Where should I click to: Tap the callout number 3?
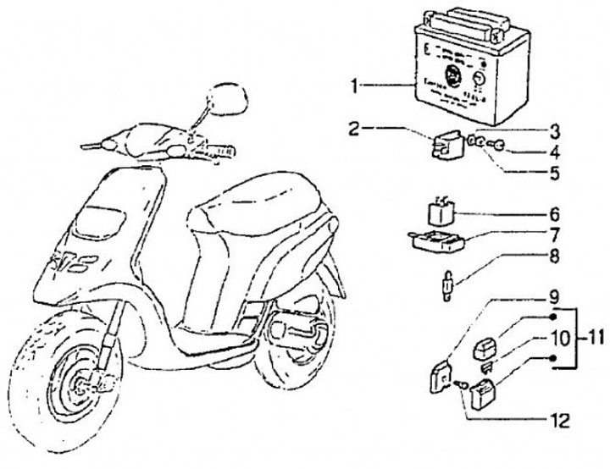click(554, 130)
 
